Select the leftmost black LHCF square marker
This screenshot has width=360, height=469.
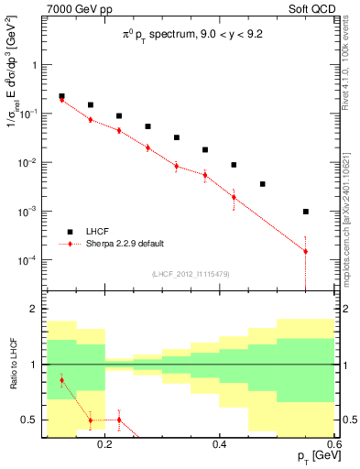61,96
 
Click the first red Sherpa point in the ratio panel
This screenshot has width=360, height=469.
61,380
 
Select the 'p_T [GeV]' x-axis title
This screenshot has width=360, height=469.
311,457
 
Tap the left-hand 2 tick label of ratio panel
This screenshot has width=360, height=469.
33,310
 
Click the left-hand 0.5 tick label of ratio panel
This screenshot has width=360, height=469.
29,420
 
